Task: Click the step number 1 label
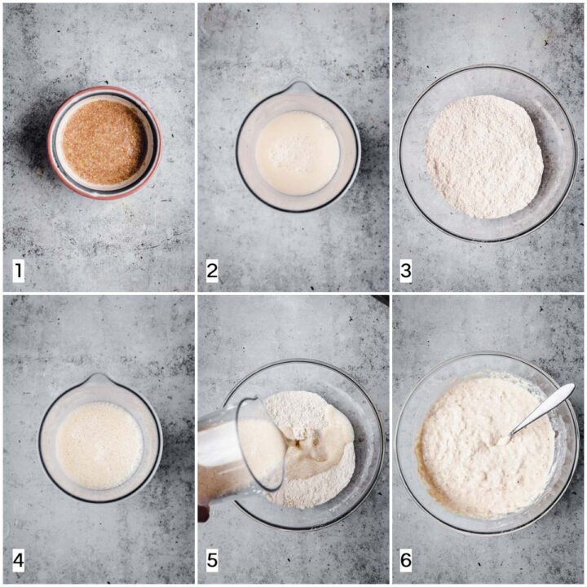(19, 271)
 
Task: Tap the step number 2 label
(212, 271)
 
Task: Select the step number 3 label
(406, 271)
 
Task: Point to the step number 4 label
(19, 560)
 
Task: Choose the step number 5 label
(212, 560)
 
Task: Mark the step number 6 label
(406, 560)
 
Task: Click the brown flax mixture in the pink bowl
(104, 142)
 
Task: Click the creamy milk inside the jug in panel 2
(298, 152)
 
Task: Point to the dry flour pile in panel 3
(484, 157)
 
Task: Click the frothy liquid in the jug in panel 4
(99, 445)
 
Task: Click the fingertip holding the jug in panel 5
(203, 514)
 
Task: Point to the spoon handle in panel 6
(543, 409)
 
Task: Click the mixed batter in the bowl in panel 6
(483, 448)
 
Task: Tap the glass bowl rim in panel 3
(487, 66)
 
